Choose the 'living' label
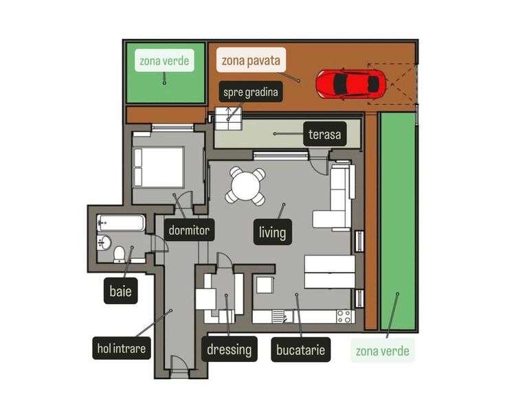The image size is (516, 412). [272, 232]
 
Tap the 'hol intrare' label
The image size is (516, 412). [121, 349]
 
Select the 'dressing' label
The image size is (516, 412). [229, 349]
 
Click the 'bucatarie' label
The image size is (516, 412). [300, 349]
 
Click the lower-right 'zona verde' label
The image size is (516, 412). [383, 352]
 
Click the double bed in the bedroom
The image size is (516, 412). [159, 167]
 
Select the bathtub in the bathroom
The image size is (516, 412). [122, 223]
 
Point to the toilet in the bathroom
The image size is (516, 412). [120, 255]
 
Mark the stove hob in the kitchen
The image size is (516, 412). [344, 317]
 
